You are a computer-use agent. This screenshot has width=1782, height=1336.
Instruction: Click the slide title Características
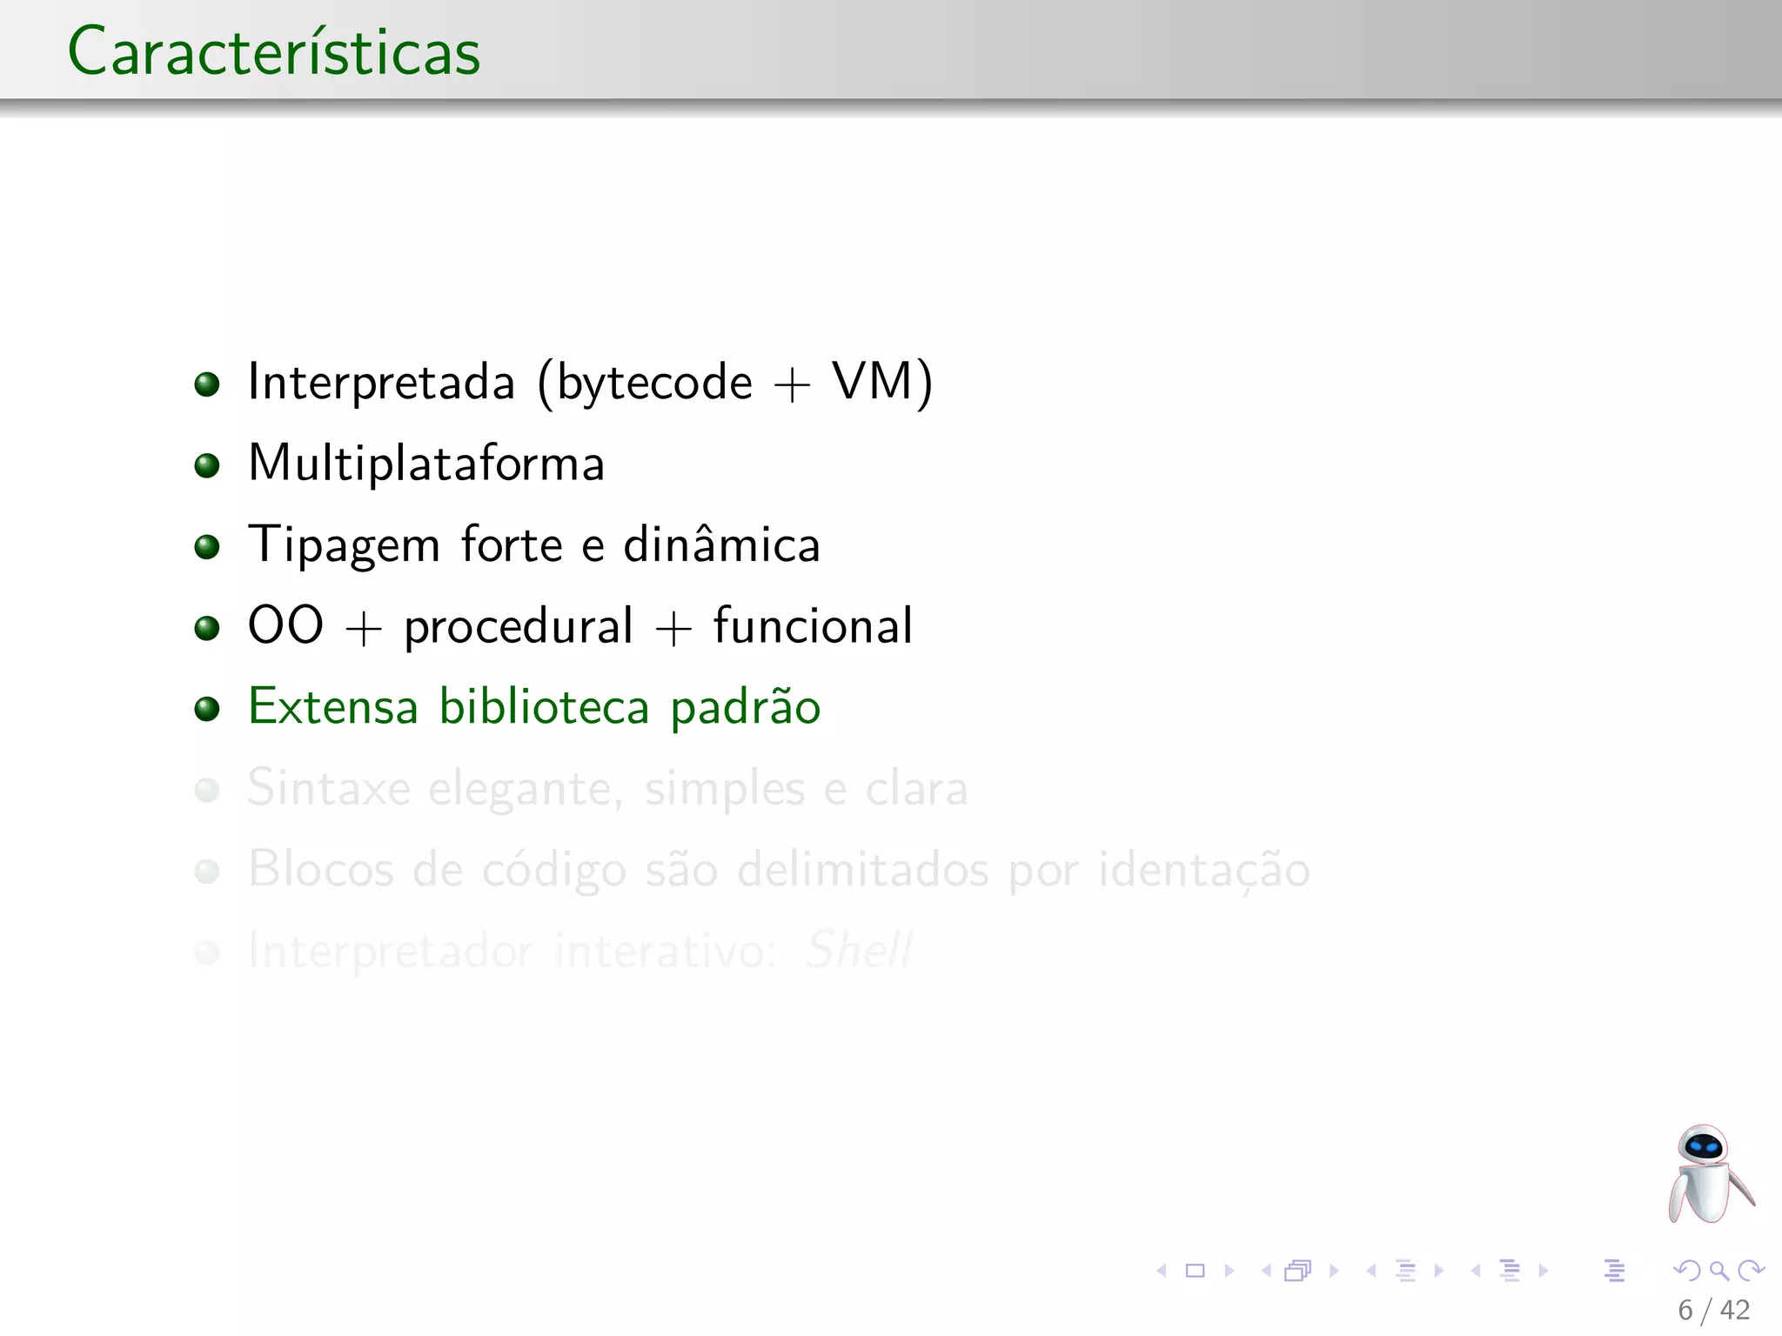point(274,52)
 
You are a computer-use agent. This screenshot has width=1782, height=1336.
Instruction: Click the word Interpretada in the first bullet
point(381,383)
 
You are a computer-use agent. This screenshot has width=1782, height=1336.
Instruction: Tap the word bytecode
point(654,383)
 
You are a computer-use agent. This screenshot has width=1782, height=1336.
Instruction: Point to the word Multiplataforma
point(426,463)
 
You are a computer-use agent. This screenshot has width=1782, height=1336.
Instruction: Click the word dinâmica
point(722,545)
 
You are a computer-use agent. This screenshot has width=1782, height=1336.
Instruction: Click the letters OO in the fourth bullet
point(285,625)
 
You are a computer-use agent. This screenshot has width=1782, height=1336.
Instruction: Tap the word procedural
point(519,627)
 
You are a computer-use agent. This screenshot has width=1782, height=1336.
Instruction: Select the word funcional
point(813,625)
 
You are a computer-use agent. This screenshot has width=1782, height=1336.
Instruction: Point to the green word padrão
point(746,708)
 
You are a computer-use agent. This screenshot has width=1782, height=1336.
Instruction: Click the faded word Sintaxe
point(329,788)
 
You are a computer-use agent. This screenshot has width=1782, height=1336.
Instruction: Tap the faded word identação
point(1204,870)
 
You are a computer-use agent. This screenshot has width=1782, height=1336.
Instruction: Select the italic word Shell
point(858,950)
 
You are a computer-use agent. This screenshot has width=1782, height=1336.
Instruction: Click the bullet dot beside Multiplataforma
point(207,465)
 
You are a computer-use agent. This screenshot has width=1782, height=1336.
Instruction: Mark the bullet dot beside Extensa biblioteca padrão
point(207,708)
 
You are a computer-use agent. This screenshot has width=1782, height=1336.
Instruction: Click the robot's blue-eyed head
point(1703,1148)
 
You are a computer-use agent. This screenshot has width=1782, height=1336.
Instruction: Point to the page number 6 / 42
point(1713,1310)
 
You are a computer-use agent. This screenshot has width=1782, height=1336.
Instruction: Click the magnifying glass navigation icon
point(1718,1271)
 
